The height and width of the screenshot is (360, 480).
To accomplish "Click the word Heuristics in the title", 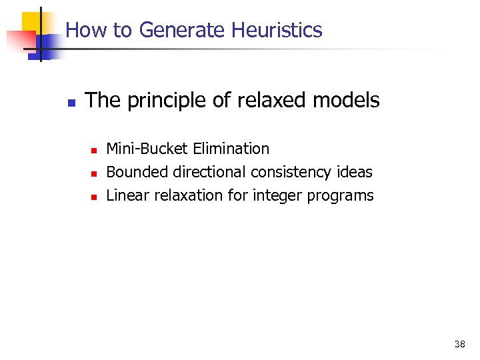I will point(277,30).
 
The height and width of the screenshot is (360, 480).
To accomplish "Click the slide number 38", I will point(459,344).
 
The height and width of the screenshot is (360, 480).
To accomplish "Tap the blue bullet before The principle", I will point(71,103).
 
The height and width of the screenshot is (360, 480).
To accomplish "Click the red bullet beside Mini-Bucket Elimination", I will point(95,150).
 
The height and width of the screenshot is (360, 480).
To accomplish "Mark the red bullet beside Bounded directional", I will point(95,173).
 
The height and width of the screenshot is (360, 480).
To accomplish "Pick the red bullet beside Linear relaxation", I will point(95,197).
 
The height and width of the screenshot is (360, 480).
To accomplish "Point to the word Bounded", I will point(137,172).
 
